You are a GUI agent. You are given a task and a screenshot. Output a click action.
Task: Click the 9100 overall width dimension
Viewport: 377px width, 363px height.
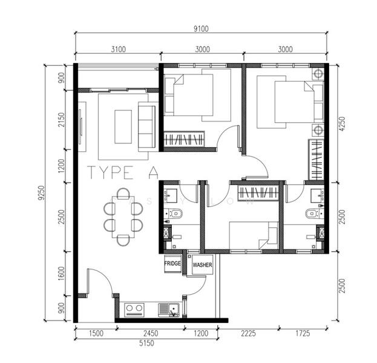[201, 27]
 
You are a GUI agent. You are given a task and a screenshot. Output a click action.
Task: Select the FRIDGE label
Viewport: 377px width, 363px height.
[173, 264]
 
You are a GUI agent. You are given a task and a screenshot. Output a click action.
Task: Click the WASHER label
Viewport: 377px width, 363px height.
[202, 264]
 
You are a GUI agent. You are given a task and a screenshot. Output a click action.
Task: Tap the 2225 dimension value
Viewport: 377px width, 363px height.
[248, 333]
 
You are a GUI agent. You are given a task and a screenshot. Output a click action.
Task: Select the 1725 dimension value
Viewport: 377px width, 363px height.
[303, 333]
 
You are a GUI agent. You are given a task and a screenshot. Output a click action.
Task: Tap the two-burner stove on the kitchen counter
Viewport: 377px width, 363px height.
[134, 310]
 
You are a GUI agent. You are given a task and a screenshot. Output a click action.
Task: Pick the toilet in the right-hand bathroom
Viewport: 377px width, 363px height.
[311, 212]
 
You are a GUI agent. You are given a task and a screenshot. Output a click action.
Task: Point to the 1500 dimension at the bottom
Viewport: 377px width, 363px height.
[95, 333]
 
